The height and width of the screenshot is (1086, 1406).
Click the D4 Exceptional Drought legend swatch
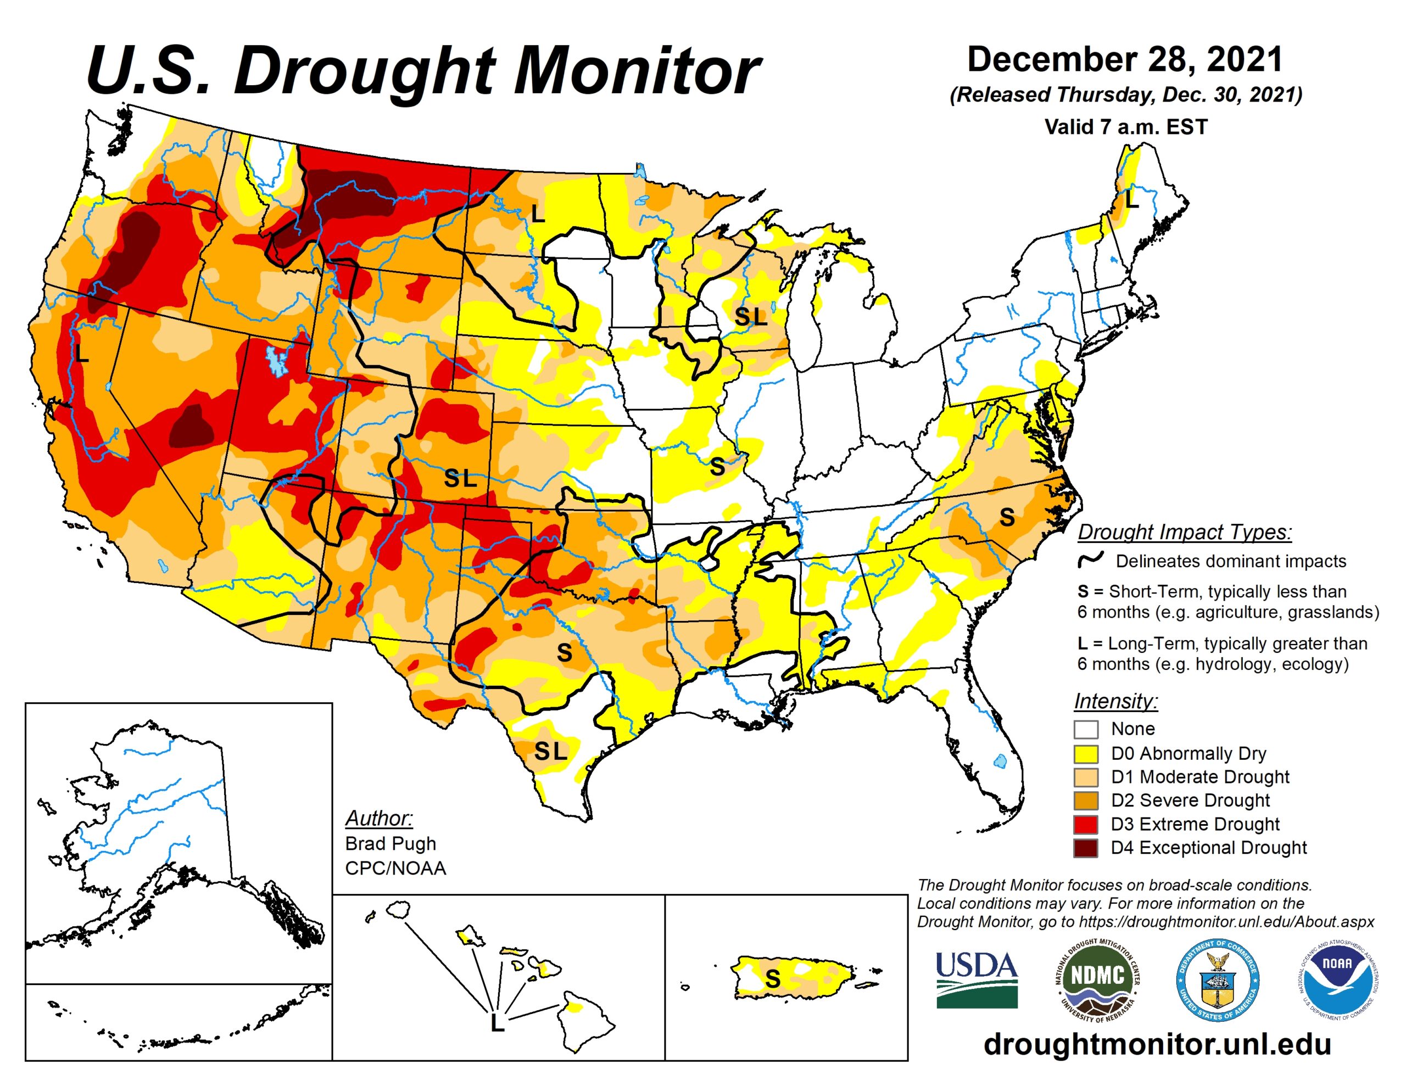1085,848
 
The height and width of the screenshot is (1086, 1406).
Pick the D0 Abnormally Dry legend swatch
1085,754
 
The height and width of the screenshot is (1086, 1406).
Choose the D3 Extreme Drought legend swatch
1085,825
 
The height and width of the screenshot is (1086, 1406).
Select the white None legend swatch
1085,729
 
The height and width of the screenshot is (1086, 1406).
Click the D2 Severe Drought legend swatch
1085,801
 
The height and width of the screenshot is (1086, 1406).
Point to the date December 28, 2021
1125,60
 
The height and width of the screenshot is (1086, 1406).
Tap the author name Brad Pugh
391,843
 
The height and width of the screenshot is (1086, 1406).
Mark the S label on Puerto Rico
773,978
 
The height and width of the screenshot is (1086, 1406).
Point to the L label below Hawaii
497,1023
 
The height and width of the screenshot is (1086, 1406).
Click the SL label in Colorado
460,478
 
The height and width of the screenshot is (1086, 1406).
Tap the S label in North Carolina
1007,517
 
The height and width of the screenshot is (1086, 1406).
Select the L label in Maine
1132,200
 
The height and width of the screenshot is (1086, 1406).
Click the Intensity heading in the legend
1115,701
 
